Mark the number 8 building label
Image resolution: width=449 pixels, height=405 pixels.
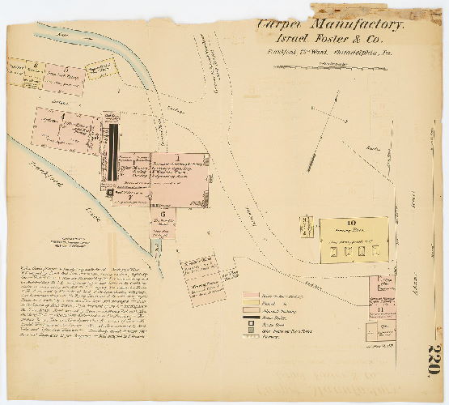pyautogui.click(x=36, y=61)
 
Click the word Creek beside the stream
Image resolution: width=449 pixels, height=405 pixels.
pyautogui.click(x=89, y=214)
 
